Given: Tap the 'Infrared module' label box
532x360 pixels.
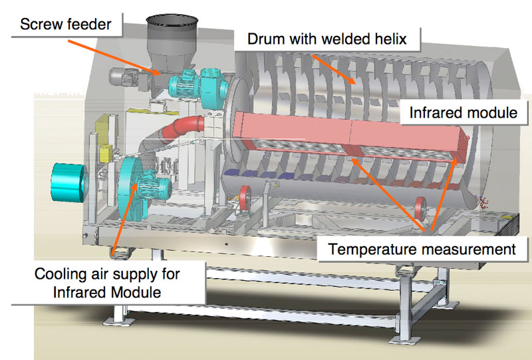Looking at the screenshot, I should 463,112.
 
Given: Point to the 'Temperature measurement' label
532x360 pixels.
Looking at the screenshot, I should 422,250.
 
